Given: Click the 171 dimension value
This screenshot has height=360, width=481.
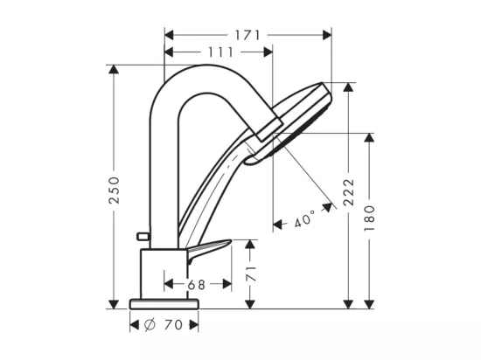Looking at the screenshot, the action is [x=247, y=35].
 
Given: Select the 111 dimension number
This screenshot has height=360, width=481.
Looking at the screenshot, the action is [x=221, y=52].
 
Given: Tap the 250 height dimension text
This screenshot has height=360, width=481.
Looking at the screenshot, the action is [x=114, y=190].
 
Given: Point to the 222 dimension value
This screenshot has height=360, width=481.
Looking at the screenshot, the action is [x=348, y=192].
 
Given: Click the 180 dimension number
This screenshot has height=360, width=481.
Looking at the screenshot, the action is [x=369, y=218].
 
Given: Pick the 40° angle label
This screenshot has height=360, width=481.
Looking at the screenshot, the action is [x=304, y=218].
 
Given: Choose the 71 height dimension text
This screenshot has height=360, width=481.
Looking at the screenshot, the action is [x=251, y=273].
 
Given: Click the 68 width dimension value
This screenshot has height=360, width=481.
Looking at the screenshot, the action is [x=196, y=285].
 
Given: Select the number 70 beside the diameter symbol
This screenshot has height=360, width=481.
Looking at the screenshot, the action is [x=174, y=324].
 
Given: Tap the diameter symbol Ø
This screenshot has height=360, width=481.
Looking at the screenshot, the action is [x=150, y=324].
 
